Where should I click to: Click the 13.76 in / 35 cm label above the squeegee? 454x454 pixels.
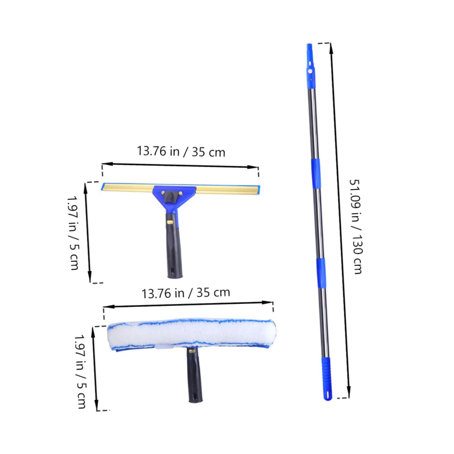(x=181, y=151)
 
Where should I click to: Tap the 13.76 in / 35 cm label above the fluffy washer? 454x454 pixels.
(x=186, y=293)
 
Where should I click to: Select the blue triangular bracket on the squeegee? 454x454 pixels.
(x=175, y=198)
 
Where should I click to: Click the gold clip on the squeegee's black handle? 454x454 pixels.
(x=170, y=222)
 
